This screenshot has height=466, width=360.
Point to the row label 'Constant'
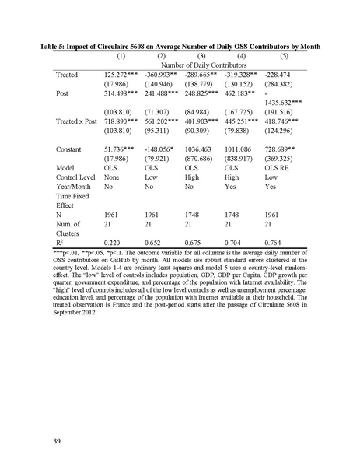(71, 147)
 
